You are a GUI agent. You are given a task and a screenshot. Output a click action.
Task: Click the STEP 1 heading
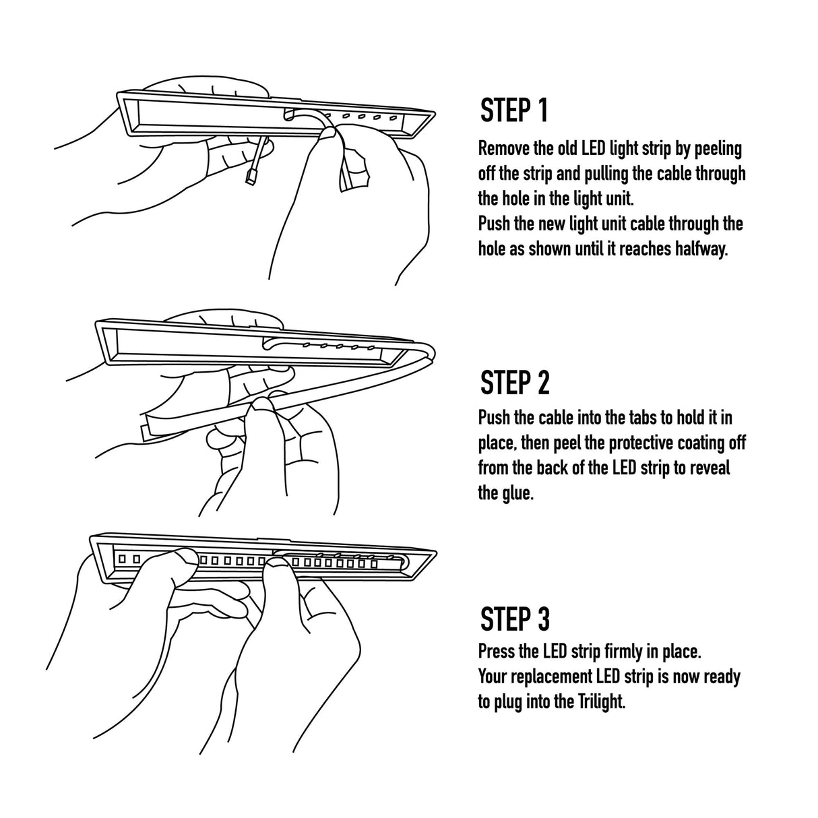point(514,111)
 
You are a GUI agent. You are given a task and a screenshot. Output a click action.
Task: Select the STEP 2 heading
point(515,383)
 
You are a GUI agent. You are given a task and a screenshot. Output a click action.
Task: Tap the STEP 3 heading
point(515,619)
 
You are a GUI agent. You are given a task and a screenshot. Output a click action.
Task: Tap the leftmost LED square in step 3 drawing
point(123,559)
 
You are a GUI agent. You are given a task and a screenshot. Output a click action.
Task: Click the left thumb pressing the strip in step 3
point(180,559)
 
